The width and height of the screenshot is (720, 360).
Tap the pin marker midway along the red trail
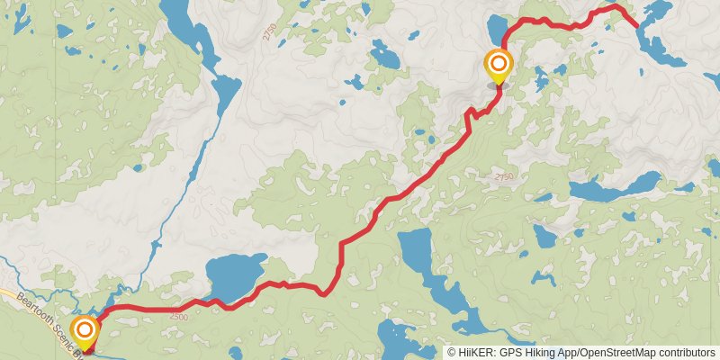(498, 65)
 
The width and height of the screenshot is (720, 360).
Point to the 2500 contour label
(178, 317)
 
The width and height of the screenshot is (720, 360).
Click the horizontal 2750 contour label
(503, 178)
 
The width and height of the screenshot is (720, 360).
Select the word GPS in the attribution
(508, 353)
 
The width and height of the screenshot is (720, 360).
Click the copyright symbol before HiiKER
(452, 353)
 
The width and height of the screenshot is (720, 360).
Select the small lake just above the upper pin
(496, 26)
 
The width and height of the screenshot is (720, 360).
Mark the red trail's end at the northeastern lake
(638, 27)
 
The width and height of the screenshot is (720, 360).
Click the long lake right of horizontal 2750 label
(612, 189)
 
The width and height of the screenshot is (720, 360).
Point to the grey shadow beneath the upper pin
(498, 85)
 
